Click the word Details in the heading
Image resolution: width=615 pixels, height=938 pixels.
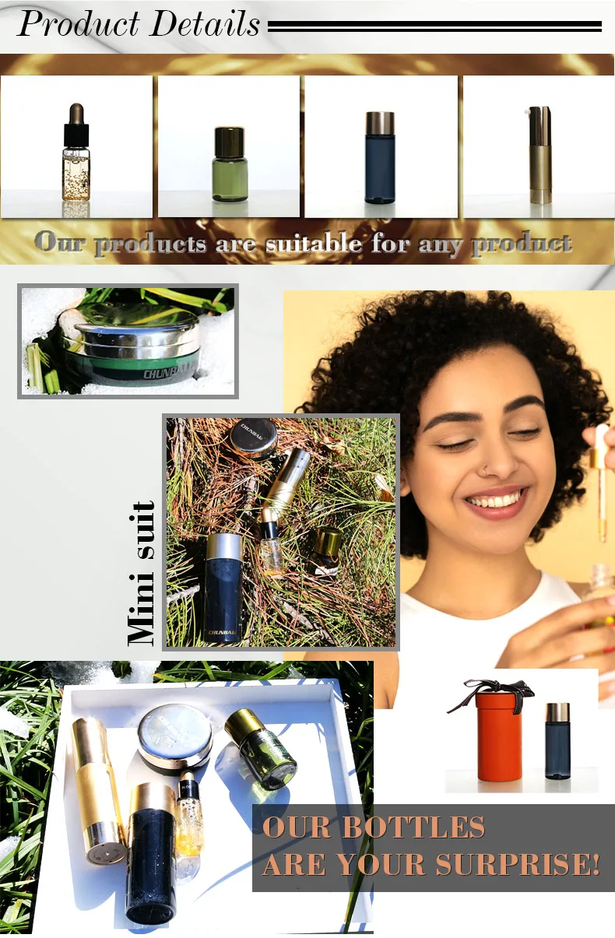(x=203, y=23)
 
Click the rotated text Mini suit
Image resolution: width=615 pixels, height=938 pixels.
(x=142, y=574)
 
